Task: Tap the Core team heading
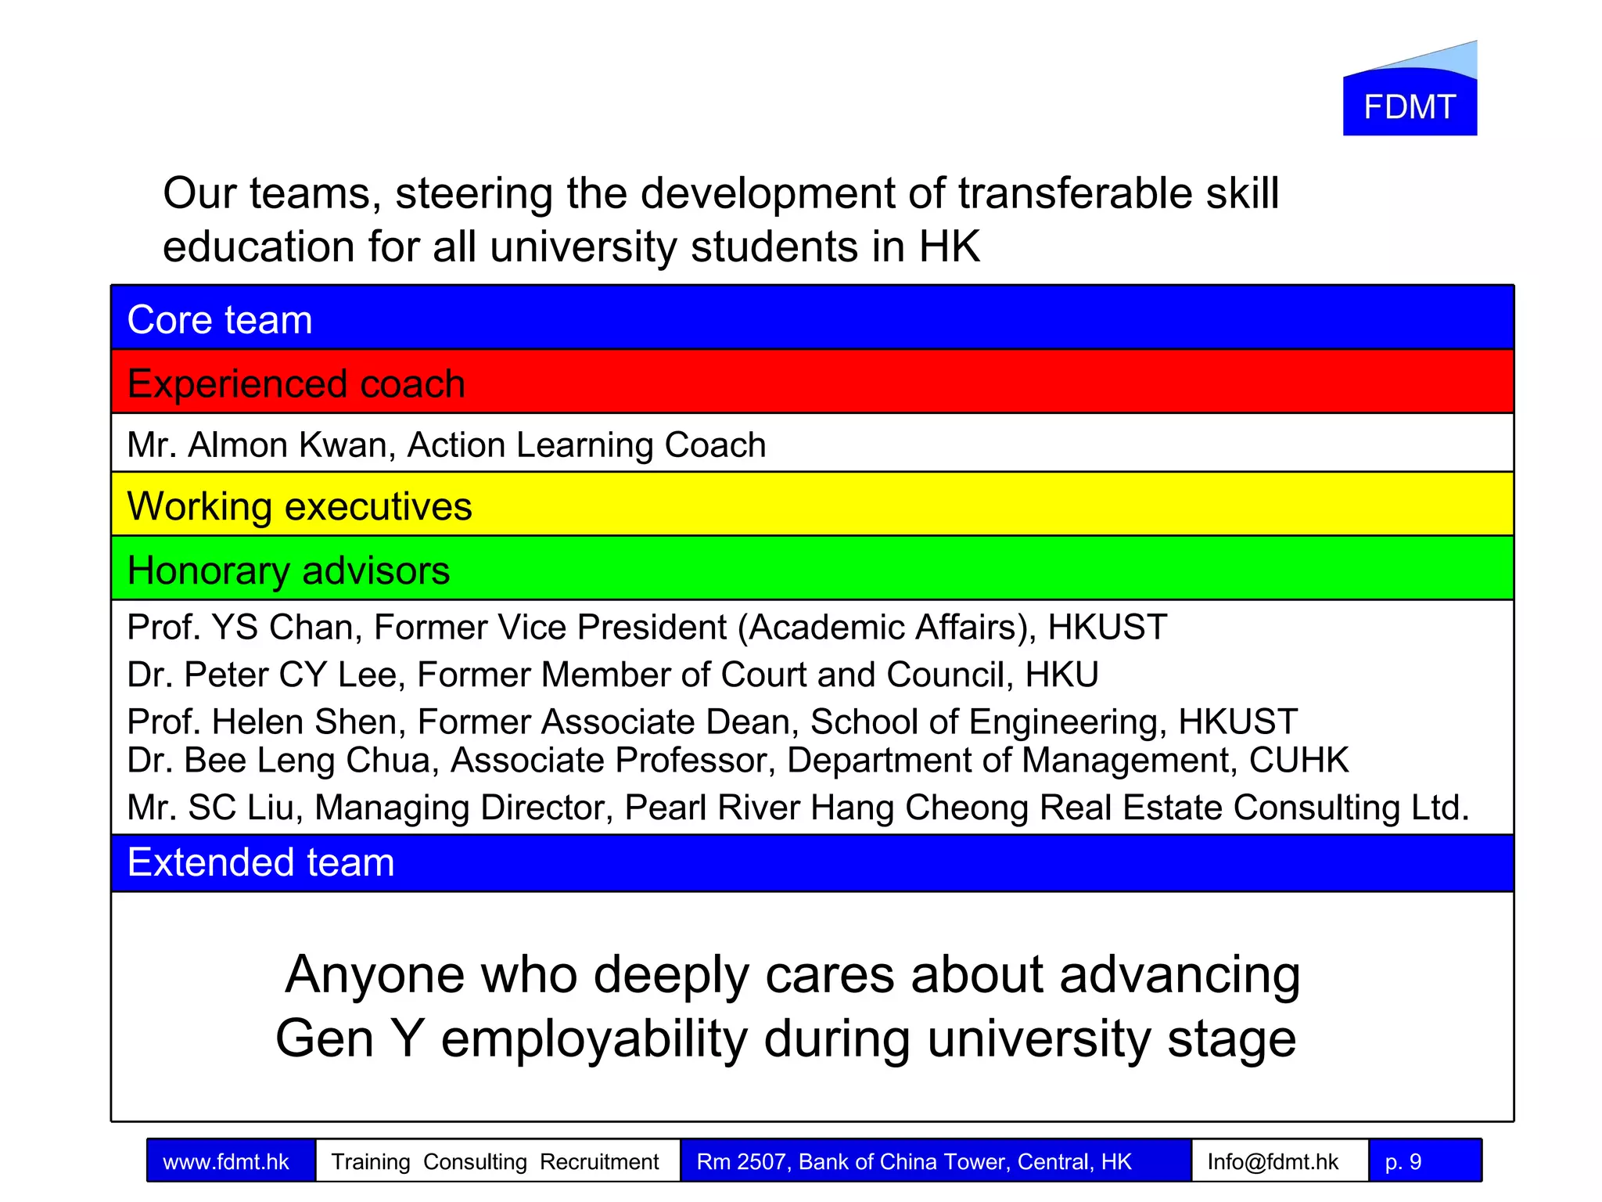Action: point(220,320)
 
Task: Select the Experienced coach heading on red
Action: point(296,384)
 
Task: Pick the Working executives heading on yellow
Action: point(300,506)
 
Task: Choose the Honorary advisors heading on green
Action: point(288,570)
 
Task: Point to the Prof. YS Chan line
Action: point(646,628)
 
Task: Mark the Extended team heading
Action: point(260,862)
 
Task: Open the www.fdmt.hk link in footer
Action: point(226,1162)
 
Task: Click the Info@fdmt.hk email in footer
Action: point(1273,1162)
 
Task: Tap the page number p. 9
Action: point(1403,1162)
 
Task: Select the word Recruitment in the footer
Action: point(599,1162)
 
